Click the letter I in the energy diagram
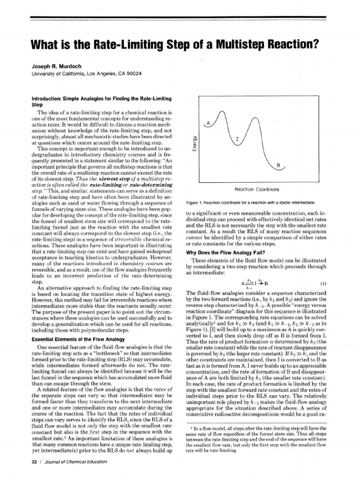pos(237,140)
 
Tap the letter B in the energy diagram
pos(278,165)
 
